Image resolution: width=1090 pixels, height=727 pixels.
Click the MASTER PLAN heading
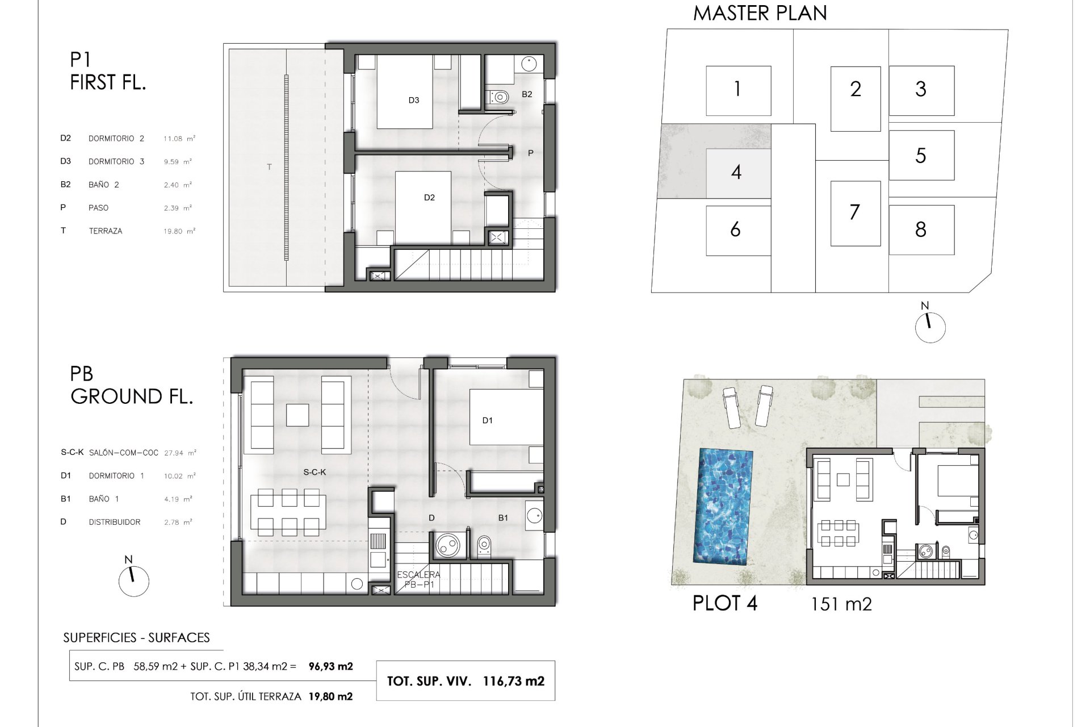click(760, 12)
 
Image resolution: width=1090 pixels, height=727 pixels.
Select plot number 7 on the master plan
click(854, 212)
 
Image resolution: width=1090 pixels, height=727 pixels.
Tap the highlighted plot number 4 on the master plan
click(736, 172)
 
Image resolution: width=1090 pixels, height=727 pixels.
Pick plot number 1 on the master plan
click(737, 89)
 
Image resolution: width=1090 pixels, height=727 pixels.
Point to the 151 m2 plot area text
click(841, 603)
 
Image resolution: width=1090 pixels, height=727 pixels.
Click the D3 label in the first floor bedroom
click(414, 100)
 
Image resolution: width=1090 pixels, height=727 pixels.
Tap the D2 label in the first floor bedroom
click(429, 198)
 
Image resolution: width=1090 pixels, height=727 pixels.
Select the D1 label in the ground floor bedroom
click(487, 420)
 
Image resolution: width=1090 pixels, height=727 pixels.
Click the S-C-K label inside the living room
click(315, 472)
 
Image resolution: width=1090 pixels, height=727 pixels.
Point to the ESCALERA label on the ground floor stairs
click(418, 575)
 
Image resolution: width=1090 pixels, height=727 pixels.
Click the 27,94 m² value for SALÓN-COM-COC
click(180, 453)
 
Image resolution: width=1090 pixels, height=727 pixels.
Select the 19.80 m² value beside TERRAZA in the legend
click(179, 231)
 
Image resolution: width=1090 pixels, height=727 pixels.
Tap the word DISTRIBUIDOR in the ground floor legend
click(115, 522)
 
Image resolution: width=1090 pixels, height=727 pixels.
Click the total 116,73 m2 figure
click(514, 681)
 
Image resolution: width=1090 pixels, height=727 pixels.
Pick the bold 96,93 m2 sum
click(330, 666)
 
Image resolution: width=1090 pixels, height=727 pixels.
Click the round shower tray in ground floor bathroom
click(447, 546)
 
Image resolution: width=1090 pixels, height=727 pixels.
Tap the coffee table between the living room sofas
click(297, 415)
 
